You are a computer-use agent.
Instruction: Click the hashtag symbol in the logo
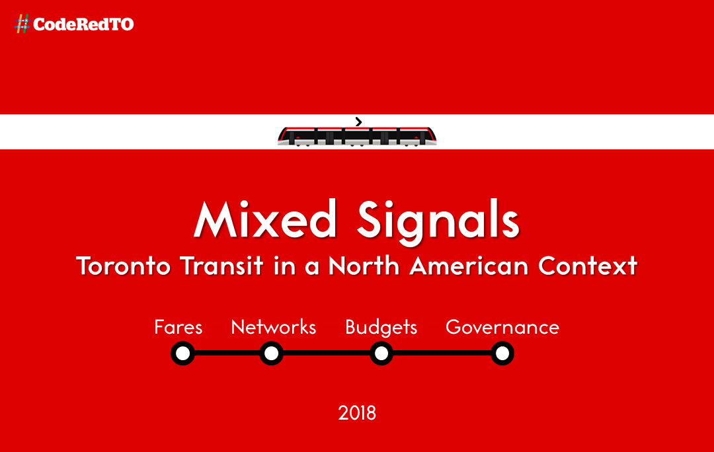[22, 24]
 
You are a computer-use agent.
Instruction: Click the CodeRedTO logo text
[83, 24]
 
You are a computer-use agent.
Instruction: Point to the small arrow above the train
[359, 122]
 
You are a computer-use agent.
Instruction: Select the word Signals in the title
[438, 222]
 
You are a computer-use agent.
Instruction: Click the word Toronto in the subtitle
[123, 266]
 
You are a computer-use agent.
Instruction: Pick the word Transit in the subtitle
[221, 266]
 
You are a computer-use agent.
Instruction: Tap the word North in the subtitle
[364, 265]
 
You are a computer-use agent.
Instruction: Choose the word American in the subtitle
[469, 266]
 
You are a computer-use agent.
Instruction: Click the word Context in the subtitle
[588, 266]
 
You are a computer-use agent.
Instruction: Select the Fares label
[178, 327]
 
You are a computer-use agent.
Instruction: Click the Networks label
[273, 327]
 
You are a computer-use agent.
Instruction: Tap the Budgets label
[381, 327]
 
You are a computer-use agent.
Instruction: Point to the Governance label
[502, 327]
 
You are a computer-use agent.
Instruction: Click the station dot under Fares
[182, 354]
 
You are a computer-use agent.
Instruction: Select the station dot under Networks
[272, 354]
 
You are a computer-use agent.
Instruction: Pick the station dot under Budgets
[381, 354]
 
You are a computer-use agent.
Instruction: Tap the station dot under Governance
[502, 354]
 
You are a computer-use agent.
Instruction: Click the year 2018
[357, 413]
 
